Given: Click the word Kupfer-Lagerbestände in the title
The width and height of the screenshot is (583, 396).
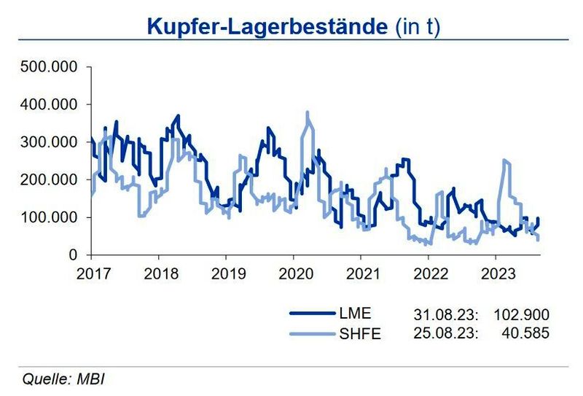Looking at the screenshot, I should pos(266,27).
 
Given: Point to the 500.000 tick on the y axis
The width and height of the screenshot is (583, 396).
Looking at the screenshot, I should pos(49,67).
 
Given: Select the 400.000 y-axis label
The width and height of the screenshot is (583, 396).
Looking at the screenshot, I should pos(49,104).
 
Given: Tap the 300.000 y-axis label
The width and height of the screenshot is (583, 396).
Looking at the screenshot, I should pos(49,142).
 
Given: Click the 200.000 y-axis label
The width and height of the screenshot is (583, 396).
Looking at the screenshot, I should pos(49,179).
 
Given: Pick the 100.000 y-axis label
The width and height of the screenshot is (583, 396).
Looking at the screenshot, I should pos(49,217).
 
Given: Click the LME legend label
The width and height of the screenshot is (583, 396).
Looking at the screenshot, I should pos(356,314).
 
